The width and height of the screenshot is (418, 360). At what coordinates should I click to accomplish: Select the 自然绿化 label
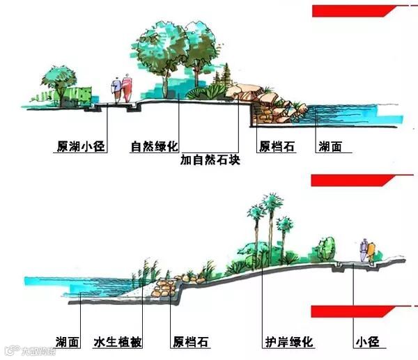tap(155, 147)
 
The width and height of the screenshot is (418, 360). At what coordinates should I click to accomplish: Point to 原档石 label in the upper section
tap(274, 147)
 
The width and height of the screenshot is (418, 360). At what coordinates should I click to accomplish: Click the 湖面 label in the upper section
tap(330, 147)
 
